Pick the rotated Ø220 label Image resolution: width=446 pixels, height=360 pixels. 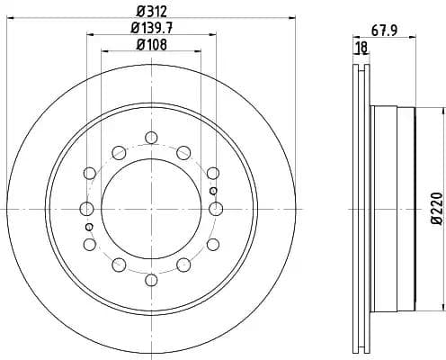(x=436, y=208)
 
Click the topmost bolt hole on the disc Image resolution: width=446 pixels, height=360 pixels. (x=151, y=137)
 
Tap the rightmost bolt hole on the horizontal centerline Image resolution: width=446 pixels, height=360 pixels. (x=216, y=209)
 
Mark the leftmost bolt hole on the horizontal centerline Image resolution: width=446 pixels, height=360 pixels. (x=86, y=209)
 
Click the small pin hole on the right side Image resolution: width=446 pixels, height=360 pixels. (x=213, y=191)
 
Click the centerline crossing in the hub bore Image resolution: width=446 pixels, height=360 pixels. (x=151, y=209)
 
